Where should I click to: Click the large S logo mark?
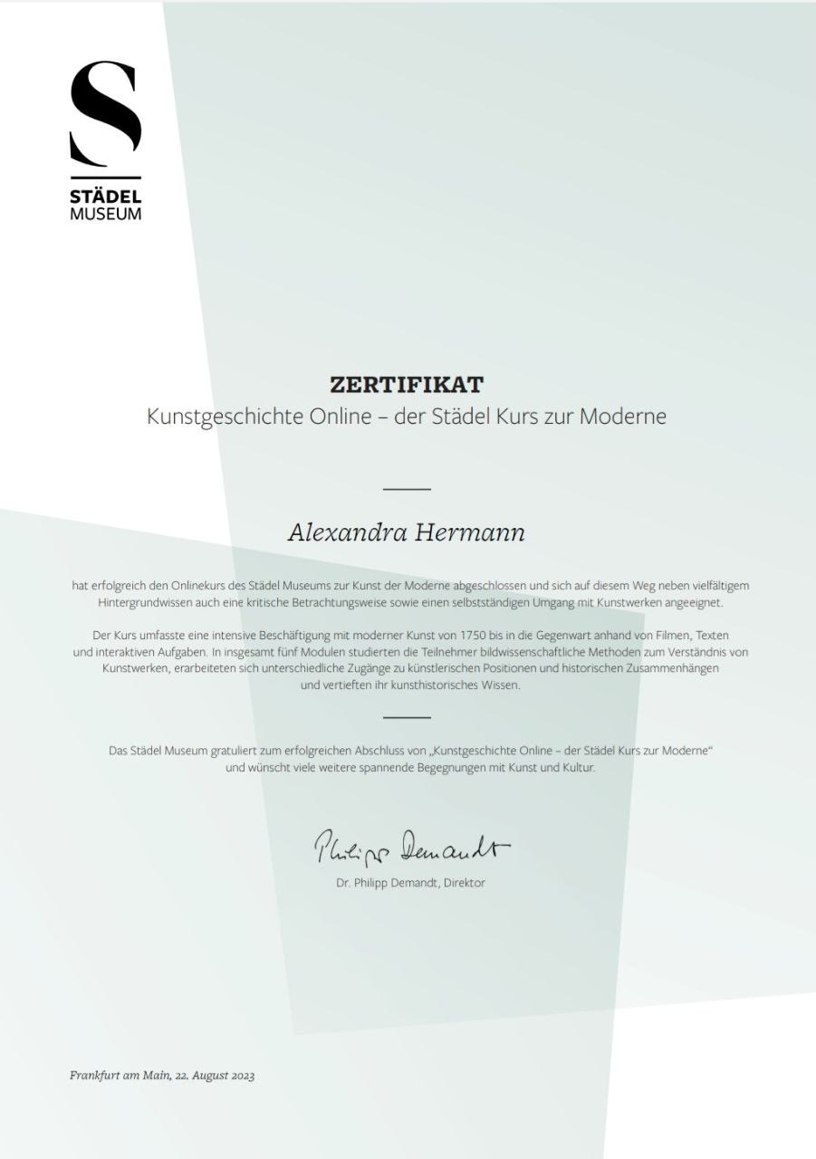coord(106,112)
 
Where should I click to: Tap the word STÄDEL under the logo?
coord(106,196)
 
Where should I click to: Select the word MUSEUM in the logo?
coord(106,215)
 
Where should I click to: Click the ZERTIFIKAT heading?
coord(407,385)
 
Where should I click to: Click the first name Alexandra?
coord(348,532)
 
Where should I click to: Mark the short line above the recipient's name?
coord(407,489)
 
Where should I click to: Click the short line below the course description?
coord(407,717)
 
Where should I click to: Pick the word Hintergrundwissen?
coord(141,602)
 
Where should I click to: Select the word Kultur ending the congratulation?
coord(578,768)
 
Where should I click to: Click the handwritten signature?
coord(411,848)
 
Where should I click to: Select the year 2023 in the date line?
coord(243,1076)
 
